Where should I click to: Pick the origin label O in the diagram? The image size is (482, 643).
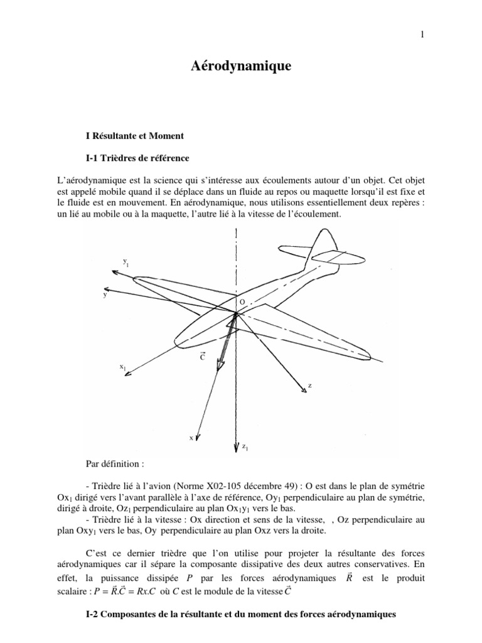242,303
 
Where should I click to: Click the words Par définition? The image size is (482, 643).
114,465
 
